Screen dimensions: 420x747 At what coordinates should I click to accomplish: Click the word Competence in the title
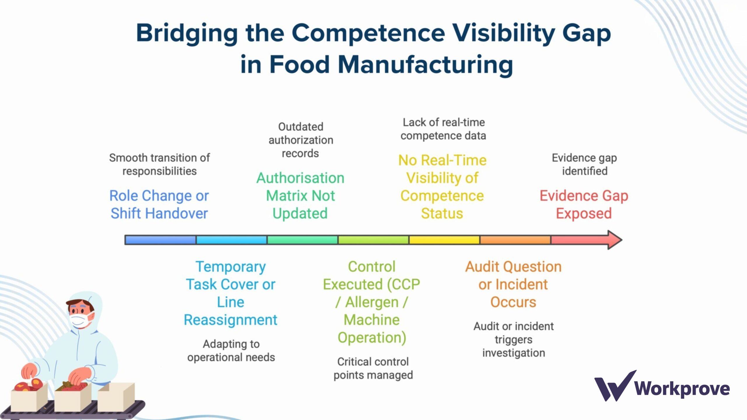click(368, 33)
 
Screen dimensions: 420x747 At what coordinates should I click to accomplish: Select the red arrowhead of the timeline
click(614, 240)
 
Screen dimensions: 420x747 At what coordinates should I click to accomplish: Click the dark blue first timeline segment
click(160, 240)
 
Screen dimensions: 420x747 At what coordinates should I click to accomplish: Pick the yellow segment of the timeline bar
click(444, 240)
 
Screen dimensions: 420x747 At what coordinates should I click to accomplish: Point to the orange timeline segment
click(515, 240)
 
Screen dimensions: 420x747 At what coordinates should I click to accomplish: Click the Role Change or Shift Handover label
click(159, 204)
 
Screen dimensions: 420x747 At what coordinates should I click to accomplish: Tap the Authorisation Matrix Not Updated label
click(300, 195)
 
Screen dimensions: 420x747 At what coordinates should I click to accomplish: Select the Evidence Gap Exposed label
click(584, 204)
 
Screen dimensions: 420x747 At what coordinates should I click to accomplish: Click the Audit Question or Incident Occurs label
click(513, 284)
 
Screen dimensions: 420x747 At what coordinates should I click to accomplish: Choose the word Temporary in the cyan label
click(231, 267)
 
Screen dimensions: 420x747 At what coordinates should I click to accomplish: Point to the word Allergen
click(372, 302)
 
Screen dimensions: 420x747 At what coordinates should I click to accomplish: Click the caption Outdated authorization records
click(301, 140)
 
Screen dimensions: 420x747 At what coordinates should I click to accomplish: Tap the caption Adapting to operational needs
click(231, 351)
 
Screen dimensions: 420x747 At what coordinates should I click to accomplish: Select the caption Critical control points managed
click(373, 368)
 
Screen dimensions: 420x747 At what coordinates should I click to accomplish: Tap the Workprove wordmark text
click(682, 389)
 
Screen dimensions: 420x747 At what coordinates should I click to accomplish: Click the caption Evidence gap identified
click(584, 164)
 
